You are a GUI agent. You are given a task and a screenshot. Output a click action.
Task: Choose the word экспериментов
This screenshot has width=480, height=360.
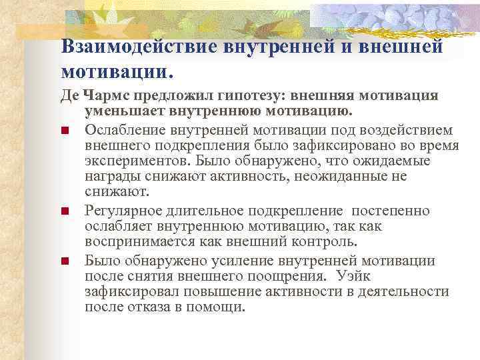[x=135, y=161]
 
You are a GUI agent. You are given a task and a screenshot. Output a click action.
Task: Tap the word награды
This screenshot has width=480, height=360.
[x=109, y=177]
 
